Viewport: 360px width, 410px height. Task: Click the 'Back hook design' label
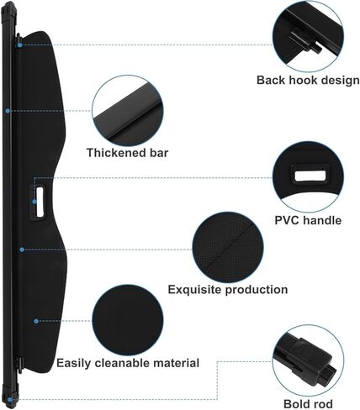[308, 80]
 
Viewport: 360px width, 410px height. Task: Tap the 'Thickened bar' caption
[128, 153]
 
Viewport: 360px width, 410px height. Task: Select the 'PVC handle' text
[308, 220]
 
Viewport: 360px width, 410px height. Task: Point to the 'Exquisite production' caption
[228, 290]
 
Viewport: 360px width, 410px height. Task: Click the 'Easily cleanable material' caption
[128, 363]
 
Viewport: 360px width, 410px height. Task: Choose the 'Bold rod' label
[308, 404]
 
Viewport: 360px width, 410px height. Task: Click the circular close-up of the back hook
[308, 36]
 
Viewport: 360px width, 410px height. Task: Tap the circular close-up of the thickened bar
[128, 111]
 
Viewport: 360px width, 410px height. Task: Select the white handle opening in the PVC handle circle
[310, 176]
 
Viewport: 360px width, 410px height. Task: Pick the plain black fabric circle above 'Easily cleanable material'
[128, 320]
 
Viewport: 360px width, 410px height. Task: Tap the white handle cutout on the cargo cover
[40, 202]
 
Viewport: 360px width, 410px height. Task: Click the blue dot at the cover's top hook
[19, 45]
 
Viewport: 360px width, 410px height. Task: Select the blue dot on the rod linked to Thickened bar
[8, 111]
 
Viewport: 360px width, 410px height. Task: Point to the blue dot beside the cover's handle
[34, 202]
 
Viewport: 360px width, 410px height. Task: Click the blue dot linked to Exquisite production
[22, 250]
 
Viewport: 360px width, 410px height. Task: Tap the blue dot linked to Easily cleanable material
[36, 321]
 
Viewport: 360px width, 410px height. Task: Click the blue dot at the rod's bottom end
[10, 400]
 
